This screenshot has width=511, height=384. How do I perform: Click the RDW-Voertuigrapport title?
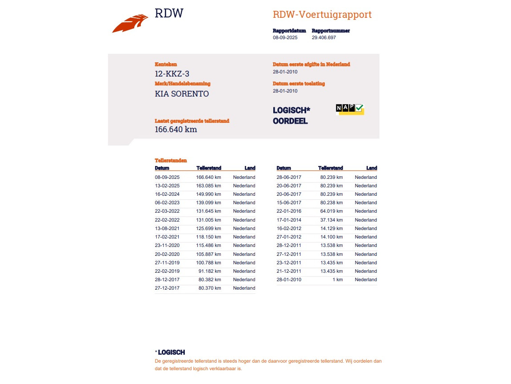pyautogui.click(x=322, y=15)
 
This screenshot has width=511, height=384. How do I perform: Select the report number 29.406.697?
pyautogui.click(x=323, y=38)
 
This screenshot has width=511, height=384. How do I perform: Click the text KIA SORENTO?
pyautogui.click(x=182, y=94)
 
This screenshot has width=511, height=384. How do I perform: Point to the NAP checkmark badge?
pyautogui.click(x=350, y=109)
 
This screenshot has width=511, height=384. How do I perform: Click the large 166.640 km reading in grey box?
pyautogui.click(x=176, y=129)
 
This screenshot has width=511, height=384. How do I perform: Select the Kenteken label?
pyautogui.click(x=166, y=65)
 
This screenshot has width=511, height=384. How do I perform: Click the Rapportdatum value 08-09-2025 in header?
pyautogui.click(x=285, y=38)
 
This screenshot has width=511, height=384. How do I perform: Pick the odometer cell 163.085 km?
pyautogui.click(x=208, y=186)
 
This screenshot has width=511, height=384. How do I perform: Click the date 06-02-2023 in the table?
pyautogui.click(x=167, y=202)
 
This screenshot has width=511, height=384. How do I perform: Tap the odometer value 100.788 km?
pyautogui.click(x=208, y=263)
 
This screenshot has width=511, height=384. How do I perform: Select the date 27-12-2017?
pyautogui.click(x=167, y=288)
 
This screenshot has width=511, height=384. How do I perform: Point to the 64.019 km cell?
pyautogui.click(x=331, y=211)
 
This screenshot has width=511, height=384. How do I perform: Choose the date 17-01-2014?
pyautogui.click(x=289, y=220)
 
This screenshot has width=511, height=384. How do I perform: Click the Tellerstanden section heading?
pyautogui.click(x=171, y=161)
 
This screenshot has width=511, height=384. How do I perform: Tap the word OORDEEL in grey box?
pyautogui.click(x=290, y=121)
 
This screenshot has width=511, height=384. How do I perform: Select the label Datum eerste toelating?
pyautogui.click(x=299, y=84)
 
